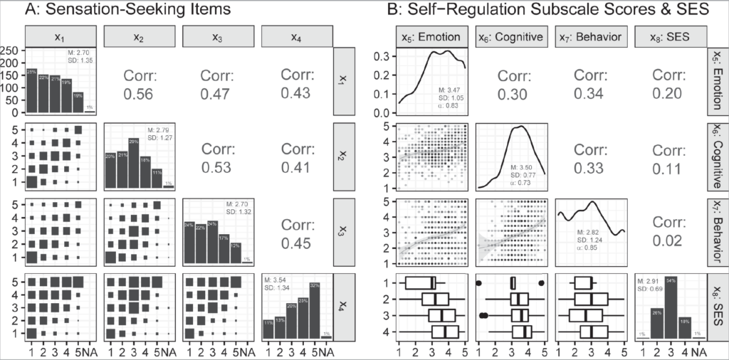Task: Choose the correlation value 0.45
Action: coord(295,246)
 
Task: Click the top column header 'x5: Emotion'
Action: coord(432,36)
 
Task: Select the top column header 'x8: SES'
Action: coord(669,36)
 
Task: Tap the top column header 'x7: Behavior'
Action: coord(590,36)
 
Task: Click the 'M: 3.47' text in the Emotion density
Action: coord(449,89)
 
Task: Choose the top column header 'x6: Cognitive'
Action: coord(511,36)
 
